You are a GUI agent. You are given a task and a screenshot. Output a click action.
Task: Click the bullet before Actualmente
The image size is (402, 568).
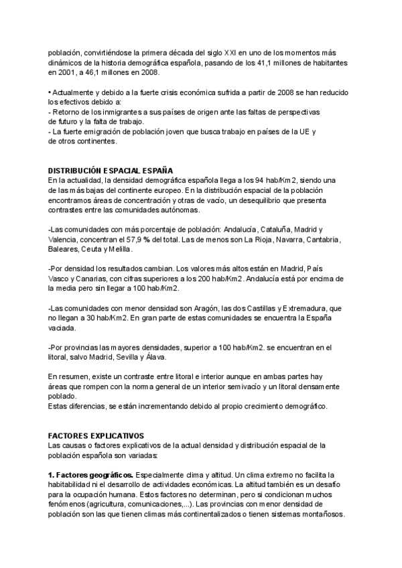pyautogui.click(x=50, y=92)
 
